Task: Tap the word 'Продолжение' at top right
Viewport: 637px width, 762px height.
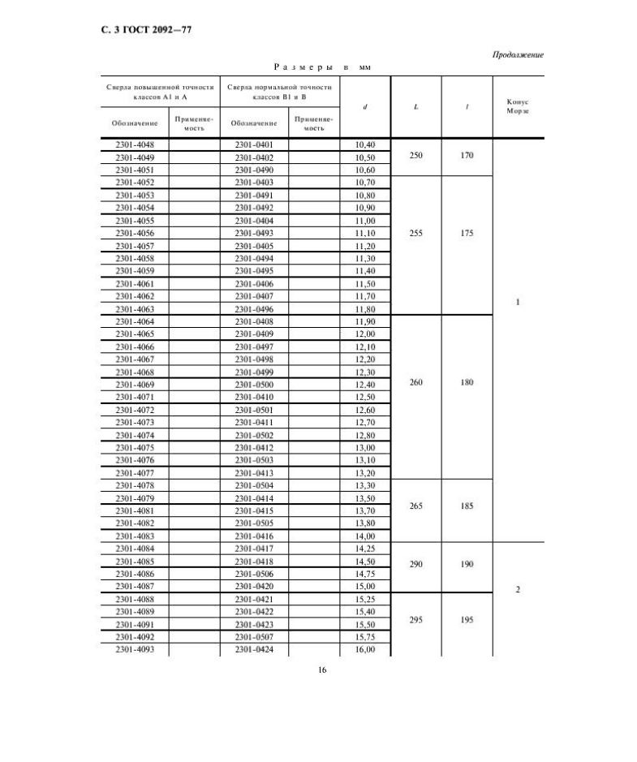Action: click(x=517, y=54)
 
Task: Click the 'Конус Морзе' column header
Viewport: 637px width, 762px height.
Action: click(x=517, y=107)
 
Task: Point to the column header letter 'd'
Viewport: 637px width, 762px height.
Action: click(x=365, y=107)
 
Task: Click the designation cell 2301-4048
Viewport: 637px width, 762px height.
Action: click(x=135, y=144)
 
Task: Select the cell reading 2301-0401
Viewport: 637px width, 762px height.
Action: click(x=254, y=144)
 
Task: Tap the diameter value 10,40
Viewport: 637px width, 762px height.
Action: click(x=365, y=144)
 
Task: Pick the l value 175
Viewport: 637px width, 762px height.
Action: click(x=467, y=233)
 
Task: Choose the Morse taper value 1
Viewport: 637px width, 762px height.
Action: click(x=517, y=302)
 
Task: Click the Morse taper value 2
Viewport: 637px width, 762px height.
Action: click(x=517, y=589)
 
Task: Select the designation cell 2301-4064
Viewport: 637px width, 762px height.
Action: click(x=135, y=321)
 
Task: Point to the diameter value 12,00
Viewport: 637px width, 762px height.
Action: click(x=365, y=334)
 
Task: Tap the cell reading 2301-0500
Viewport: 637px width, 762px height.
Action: click(x=254, y=385)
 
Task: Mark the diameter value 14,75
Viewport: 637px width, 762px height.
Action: click(x=365, y=573)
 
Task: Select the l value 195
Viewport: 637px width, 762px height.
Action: click(x=467, y=619)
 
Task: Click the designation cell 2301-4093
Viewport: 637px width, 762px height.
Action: click(x=135, y=650)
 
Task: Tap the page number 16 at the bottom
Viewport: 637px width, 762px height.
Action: click(x=321, y=670)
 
